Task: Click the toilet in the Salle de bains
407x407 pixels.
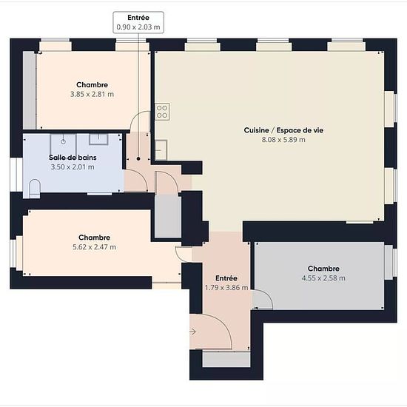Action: click(x=35, y=189)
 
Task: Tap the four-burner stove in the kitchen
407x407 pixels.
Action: click(x=162, y=112)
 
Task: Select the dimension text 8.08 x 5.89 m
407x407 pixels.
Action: click(x=283, y=140)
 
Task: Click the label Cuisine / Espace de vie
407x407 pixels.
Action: click(x=283, y=130)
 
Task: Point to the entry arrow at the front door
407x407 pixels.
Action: click(x=192, y=332)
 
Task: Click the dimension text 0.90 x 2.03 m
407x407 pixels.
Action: click(x=138, y=27)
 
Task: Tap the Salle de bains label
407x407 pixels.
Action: click(x=73, y=158)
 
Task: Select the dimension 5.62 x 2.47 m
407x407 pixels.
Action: click(x=95, y=247)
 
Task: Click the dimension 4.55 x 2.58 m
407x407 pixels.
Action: click(x=323, y=278)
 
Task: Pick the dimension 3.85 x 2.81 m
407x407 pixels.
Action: click(x=92, y=94)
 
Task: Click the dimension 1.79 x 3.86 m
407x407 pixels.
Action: click(x=226, y=288)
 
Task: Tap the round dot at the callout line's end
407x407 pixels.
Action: click(x=138, y=158)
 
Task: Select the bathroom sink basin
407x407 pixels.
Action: click(x=98, y=139)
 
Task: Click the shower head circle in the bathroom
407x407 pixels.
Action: click(x=63, y=141)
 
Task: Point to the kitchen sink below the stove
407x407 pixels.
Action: click(x=161, y=150)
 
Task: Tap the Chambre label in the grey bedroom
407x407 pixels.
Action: click(x=323, y=269)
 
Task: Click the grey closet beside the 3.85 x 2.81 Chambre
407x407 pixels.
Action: click(x=30, y=90)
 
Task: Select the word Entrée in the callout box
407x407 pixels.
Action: click(x=138, y=18)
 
